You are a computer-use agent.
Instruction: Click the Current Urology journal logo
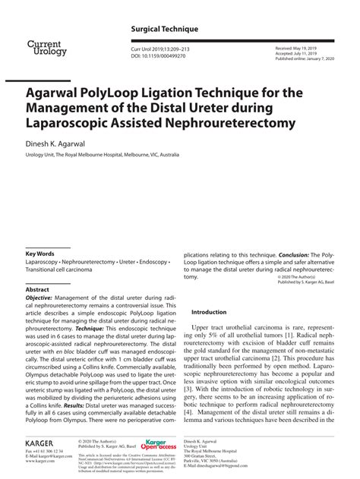click(47, 48)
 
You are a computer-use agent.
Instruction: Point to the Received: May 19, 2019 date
click(300, 48)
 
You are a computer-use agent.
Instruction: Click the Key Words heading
click(40, 254)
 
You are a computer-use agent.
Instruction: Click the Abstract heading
click(37, 290)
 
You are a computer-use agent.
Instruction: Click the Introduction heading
click(209, 312)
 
